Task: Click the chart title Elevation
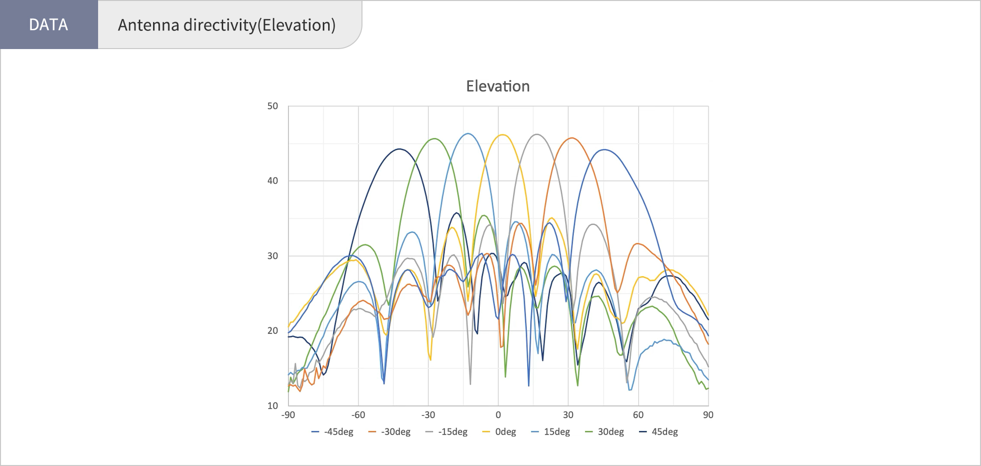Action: click(x=497, y=86)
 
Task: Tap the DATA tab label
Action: click(x=49, y=25)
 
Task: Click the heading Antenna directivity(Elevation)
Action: click(x=227, y=25)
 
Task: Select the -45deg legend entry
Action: click(x=333, y=432)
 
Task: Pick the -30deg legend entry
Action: click(x=390, y=432)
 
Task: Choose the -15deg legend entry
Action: click(x=447, y=432)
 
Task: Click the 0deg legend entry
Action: click(x=500, y=432)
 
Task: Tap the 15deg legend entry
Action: click(x=551, y=432)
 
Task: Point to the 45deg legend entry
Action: click(x=659, y=432)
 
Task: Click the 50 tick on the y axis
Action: click(x=273, y=106)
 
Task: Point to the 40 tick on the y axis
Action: click(x=273, y=181)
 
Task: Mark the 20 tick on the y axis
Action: click(x=273, y=331)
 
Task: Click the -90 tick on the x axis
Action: click(x=288, y=415)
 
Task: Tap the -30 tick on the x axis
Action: click(x=428, y=415)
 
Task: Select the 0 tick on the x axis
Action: click(x=498, y=415)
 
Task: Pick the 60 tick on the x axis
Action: click(x=638, y=415)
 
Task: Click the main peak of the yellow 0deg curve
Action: click(x=503, y=134)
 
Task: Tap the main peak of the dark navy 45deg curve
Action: click(x=400, y=149)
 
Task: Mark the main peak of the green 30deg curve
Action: click(x=435, y=138)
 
